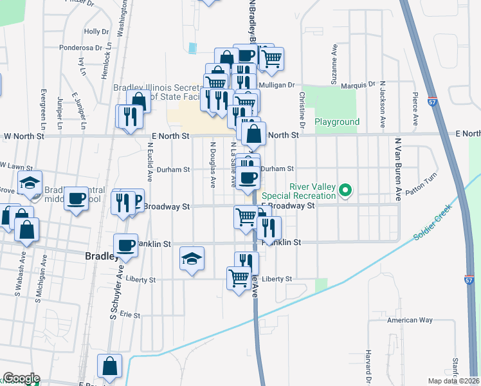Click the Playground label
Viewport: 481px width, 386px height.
coord(337,122)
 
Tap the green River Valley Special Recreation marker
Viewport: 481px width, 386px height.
coord(346,190)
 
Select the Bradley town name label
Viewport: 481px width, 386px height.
coord(100,256)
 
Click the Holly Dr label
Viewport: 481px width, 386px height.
coord(96,31)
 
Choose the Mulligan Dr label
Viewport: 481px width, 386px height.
coord(277,84)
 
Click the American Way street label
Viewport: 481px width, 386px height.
coord(410,320)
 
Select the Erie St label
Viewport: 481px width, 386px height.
coord(131,315)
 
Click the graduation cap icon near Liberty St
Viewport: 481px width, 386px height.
coord(192,259)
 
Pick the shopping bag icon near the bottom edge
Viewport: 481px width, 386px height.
coord(110,366)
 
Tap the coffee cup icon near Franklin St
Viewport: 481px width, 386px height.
coord(125,245)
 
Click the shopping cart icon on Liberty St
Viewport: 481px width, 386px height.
coord(239,278)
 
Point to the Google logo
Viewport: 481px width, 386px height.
coord(21,378)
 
